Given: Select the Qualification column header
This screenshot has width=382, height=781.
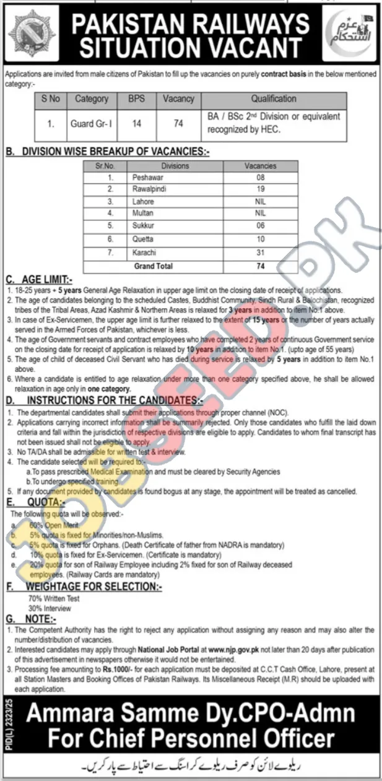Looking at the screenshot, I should point(274,98).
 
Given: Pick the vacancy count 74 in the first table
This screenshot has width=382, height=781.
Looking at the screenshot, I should point(178,123).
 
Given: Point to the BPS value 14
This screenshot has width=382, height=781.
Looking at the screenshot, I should point(136,123).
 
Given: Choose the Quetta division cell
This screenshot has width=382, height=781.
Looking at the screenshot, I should point(143,239).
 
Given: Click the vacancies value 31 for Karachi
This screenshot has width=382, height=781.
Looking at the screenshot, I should point(261,253).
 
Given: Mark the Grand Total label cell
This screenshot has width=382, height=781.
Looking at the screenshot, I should point(153,266).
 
